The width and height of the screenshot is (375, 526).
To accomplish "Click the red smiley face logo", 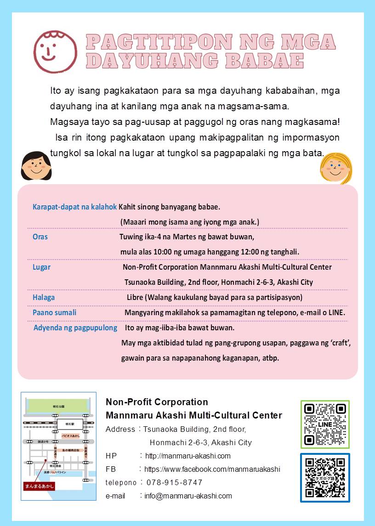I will [55, 51].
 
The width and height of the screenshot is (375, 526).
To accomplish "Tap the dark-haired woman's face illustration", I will [36, 166].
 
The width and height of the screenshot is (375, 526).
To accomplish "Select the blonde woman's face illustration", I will [336, 168].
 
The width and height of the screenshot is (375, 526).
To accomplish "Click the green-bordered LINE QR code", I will [325, 424].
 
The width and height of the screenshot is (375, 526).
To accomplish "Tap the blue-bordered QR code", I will [325, 478].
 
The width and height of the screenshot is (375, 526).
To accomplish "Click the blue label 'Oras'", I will [40, 237].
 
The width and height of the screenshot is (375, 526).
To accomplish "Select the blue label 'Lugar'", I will [41, 267].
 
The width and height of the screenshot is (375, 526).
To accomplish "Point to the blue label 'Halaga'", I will [44, 297].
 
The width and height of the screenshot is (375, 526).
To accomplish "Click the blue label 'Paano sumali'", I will [54, 312].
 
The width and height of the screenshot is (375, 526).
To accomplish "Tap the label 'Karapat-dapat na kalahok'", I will [74, 207].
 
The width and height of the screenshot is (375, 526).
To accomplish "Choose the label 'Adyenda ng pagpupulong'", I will [75, 328].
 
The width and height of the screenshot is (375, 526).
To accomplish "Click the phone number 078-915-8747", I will [174, 482].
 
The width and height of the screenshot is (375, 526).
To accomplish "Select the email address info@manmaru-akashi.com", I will [188, 496].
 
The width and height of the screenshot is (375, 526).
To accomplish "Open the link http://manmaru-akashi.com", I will [187, 456].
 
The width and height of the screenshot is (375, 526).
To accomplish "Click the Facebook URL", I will [212, 469].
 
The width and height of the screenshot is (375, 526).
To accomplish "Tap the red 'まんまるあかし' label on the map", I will [39, 486].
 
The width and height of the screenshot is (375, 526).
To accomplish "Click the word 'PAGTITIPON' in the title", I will [159, 42].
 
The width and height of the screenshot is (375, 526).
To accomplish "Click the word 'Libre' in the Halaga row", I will [136, 297].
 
